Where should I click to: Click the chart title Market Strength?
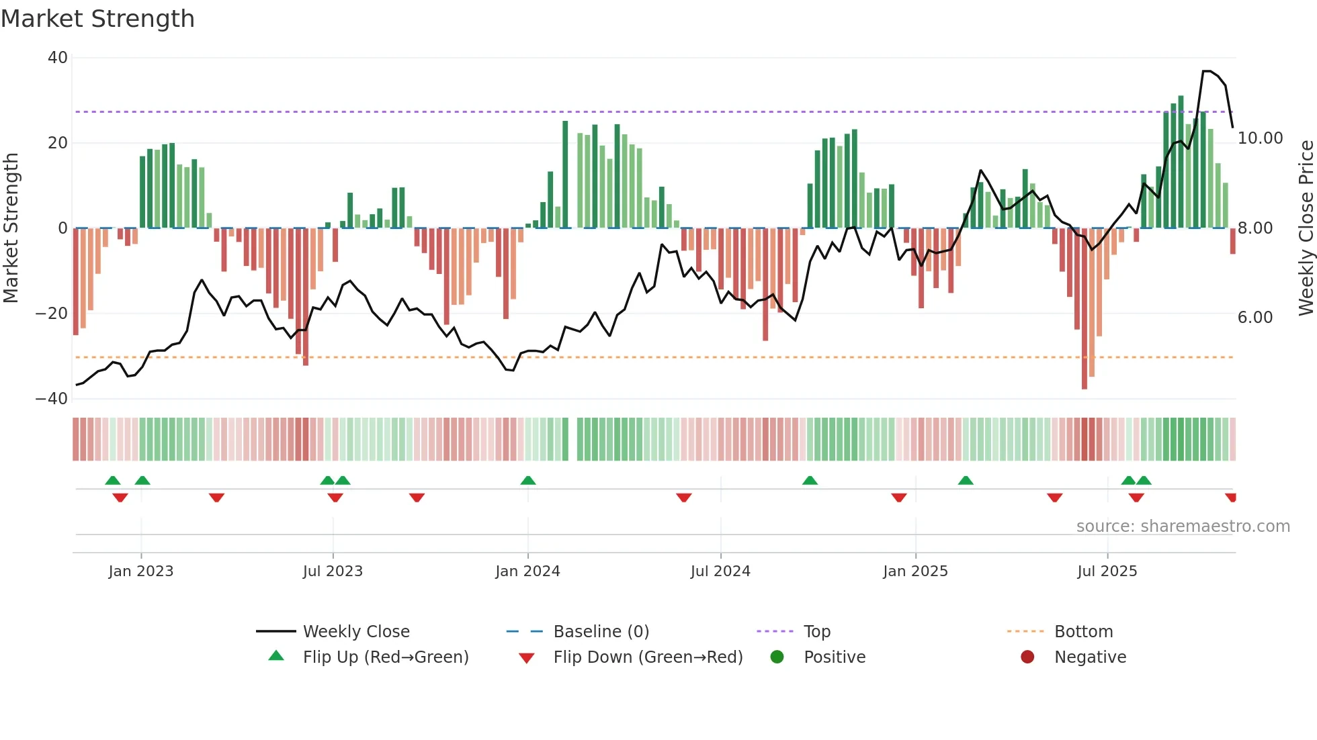[x=97, y=19]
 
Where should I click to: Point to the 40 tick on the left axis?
[x=58, y=58]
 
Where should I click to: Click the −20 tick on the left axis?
[x=52, y=314]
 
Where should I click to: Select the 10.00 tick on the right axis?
[x=1260, y=138]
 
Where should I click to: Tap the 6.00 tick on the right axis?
[x=1255, y=318]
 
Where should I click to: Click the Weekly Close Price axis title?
[x=1306, y=228]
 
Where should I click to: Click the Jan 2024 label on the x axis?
[x=527, y=571]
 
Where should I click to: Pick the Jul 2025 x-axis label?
[x=1107, y=571]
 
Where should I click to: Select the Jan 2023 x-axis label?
[x=141, y=571]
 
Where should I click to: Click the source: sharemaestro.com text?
[x=1183, y=526]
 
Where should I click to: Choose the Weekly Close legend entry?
[x=355, y=632]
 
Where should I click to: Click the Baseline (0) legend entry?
[x=601, y=632]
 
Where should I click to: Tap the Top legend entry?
[x=816, y=632]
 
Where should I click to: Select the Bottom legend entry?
[x=1083, y=632]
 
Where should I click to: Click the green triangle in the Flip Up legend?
[x=276, y=656]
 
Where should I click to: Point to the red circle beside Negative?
[x=1027, y=657]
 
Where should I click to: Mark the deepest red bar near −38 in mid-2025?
[x=1084, y=309]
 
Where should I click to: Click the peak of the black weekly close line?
[x=1207, y=71]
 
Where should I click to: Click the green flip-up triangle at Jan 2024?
[x=528, y=480]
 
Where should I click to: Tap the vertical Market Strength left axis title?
[x=11, y=228]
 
